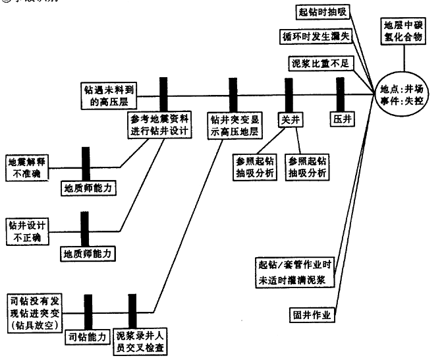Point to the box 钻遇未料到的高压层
coord(108,94)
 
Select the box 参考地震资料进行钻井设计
coord(160,124)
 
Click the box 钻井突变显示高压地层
coord(234,124)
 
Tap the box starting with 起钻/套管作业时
coord(295,272)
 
